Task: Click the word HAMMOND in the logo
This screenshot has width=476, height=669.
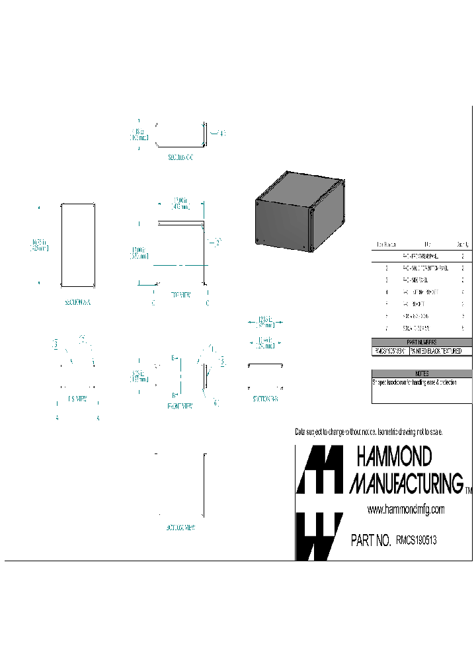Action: tap(394, 456)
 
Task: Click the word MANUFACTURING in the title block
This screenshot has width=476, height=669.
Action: tap(406, 483)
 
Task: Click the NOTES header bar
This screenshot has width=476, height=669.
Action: tap(422, 374)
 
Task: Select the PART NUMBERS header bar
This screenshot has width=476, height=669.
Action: tap(422, 342)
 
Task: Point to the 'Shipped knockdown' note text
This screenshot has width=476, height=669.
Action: tap(415, 382)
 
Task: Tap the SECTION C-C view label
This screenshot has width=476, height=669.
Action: tap(179, 158)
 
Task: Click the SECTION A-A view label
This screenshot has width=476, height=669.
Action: tap(78, 302)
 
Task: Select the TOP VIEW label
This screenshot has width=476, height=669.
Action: tap(180, 295)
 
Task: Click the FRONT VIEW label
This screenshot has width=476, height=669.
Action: tap(180, 406)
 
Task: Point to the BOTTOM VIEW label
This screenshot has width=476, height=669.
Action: tap(180, 528)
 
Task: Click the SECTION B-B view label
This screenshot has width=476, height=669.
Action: tap(264, 399)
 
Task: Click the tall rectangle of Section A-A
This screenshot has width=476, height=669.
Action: tap(78, 245)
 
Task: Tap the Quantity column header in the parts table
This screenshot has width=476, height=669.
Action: tap(463, 244)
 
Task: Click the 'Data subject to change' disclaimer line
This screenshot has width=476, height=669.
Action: tap(368, 432)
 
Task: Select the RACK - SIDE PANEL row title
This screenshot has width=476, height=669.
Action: tap(418, 280)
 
